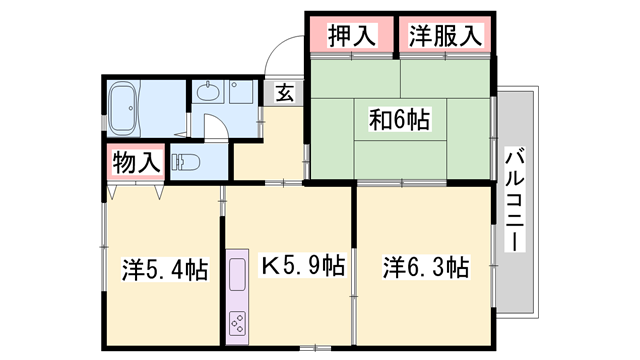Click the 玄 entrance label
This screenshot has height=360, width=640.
(x=285, y=94)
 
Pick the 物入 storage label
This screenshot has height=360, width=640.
(x=136, y=162)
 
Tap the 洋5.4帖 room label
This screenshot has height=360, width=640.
(x=165, y=269)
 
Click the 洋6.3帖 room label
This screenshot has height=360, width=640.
(x=426, y=267)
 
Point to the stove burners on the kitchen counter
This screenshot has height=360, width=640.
(x=239, y=323)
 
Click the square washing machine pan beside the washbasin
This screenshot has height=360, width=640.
(x=241, y=93)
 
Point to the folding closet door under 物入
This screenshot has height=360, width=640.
(x=135, y=186)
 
